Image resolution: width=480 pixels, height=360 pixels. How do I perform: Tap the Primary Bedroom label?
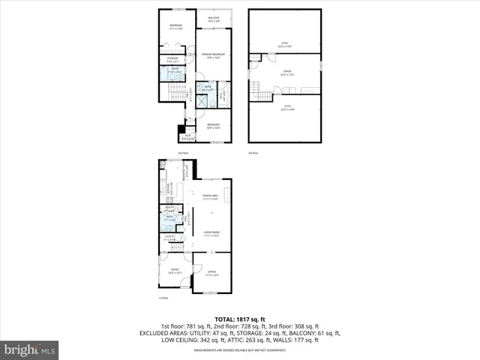pyautogui.click(x=214, y=56)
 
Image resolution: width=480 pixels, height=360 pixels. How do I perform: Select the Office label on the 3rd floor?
pyautogui.click(x=285, y=73)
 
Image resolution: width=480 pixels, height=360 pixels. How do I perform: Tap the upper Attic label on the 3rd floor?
pyautogui.click(x=285, y=44)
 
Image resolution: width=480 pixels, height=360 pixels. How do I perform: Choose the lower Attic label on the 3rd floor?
pyautogui.click(x=285, y=108)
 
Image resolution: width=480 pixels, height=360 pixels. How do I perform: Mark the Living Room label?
pyautogui.click(x=211, y=234)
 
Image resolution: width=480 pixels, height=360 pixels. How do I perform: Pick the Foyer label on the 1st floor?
pyautogui.click(x=174, y=271)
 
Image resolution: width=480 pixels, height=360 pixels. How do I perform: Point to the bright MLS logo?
pyautogui.click(x=30, y=349)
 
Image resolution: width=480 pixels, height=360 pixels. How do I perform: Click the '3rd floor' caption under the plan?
pyautogui.click(x=253, y=152)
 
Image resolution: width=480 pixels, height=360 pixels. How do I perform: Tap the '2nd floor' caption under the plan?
pyautogui.click(x=182, y=152)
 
